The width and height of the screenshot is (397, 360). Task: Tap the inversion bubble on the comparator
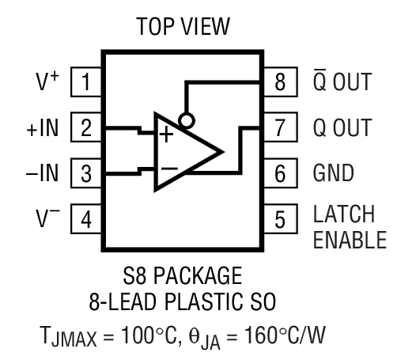(186, 121)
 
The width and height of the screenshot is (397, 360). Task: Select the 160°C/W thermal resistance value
(300, 331)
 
